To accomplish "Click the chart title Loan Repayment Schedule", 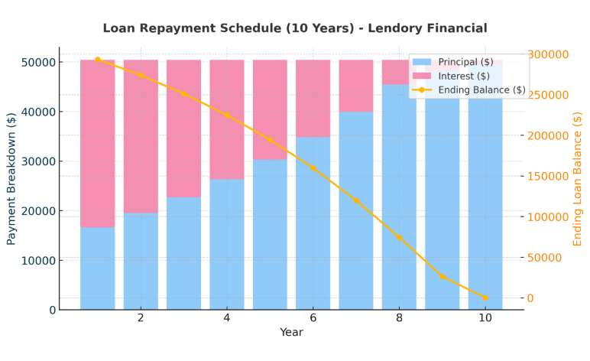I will click(294, 28).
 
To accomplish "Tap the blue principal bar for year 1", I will click(98, 268).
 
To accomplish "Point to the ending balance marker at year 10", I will click(485, 298).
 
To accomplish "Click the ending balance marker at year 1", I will click(98, 60).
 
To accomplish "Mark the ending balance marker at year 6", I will click(313, 167).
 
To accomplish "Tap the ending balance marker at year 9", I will click(442, 276).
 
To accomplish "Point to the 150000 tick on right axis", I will click(548, 176).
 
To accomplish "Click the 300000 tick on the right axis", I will click(548, 54).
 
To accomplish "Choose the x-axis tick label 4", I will click(226, 317).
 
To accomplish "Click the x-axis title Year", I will click(291, 333).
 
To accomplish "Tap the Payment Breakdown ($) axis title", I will click(11, 178).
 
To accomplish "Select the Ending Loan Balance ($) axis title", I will click(577, 178).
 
